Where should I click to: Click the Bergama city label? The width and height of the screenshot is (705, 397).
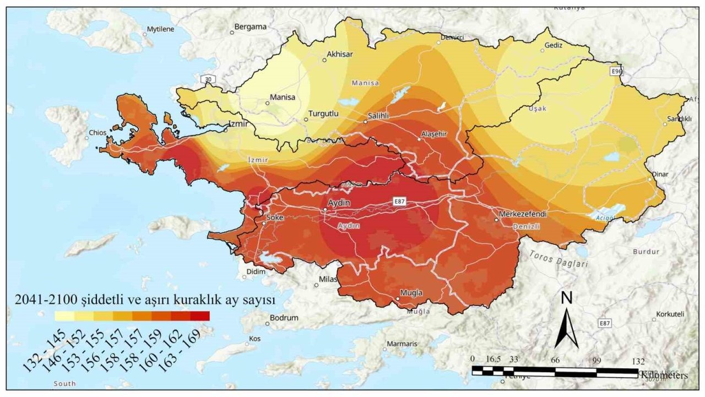coord(250,26)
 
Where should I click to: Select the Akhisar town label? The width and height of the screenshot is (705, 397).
coord(340,54)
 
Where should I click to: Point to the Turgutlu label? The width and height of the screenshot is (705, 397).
coord(323,114)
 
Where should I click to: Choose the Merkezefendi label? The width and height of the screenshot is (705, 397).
coord(521,213)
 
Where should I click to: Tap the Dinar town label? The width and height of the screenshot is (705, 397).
coord(660,174)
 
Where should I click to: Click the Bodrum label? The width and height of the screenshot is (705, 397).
coord(284,318)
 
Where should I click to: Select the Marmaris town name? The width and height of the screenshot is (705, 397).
coord(402,344)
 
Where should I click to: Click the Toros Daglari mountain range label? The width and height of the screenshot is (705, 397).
coord(558,259)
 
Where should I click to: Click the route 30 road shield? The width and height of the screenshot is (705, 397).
coord(207,79)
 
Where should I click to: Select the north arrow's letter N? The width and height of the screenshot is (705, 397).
coord(566,298)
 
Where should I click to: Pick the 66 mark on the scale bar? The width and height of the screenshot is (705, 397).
coord(555,360)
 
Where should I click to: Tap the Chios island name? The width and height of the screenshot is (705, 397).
coord(98,132)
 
